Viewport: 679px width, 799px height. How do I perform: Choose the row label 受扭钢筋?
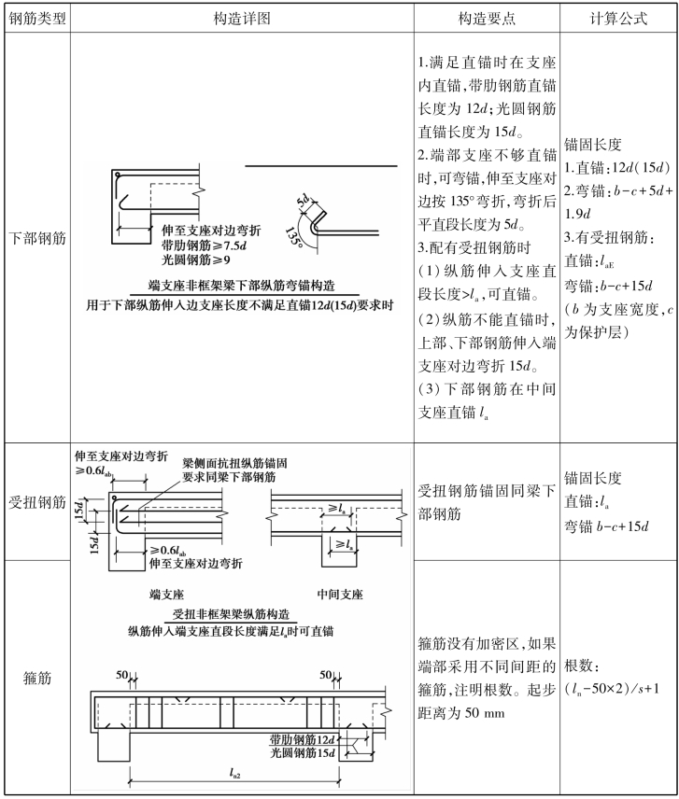point(35,502)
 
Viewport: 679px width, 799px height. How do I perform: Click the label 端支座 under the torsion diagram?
point(167,594)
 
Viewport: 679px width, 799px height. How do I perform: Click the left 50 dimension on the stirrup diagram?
point(121,674)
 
